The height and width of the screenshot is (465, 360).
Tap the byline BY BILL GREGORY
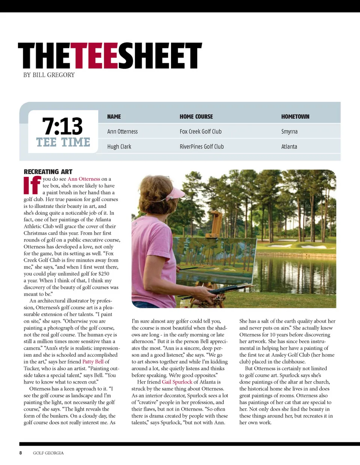tap(49, 75)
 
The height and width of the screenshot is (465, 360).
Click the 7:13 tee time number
tap(63, 126)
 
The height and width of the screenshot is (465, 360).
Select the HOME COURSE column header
tap(196, 117)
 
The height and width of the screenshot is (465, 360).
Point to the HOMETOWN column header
tap(295, 117)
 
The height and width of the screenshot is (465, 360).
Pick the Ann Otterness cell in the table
tap(122, 132)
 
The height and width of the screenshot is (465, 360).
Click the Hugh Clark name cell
tap(119, 147)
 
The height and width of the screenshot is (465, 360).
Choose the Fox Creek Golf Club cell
tap(200, 132)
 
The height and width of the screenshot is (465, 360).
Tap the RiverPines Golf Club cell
tap(201, 147)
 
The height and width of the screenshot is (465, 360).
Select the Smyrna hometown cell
tap(289, 132)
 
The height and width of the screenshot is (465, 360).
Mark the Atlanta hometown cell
tap(289, 147)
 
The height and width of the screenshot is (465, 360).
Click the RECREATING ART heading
tap(48, 172)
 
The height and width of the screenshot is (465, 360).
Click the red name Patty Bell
tap(93, 362)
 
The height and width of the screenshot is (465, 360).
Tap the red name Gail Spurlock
tap(177, 382)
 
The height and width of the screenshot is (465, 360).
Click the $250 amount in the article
tap(103, 274)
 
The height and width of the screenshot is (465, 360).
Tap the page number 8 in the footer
tap(21, 453)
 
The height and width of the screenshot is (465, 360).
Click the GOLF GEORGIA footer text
tap(48, 453)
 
